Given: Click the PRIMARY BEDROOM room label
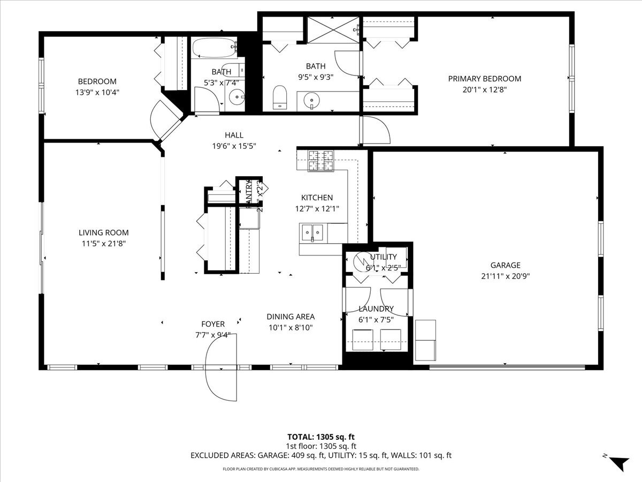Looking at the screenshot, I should click(484, 79).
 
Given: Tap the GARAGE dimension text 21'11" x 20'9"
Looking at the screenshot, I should click(505, 276).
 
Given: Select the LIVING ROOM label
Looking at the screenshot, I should click(103, 232).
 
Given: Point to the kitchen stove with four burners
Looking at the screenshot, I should click(321, 160).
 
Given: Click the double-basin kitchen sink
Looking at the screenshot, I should click(313, 232).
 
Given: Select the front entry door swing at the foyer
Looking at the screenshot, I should click(221, 370).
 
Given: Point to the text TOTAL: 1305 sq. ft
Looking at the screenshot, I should click(321, 436).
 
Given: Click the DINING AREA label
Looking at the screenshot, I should click(291, 317).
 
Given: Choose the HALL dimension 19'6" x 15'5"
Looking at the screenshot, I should click(234, 146).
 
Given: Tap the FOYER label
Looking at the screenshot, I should click(212, 324).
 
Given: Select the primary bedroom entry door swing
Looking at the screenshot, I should click(377, 130).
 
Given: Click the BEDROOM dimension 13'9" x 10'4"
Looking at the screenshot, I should click(97, 92).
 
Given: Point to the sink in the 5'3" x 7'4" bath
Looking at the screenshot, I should click(235, 97).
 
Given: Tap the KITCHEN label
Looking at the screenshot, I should click(317, 198).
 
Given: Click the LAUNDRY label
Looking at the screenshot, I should click(376, 308).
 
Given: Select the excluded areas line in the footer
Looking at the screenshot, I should click(321, 455).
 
